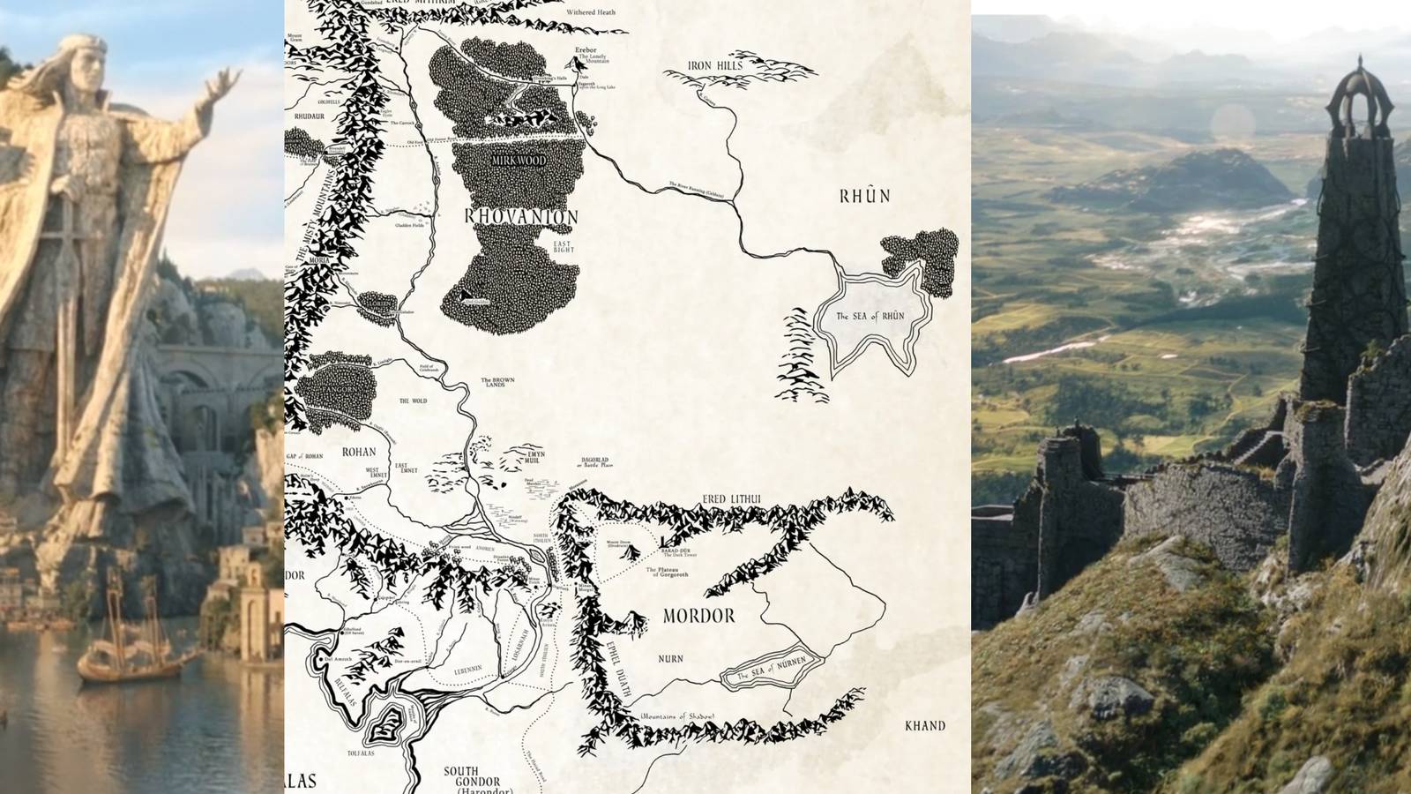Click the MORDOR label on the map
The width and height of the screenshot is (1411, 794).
(698, 616)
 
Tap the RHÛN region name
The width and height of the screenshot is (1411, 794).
(863, 196)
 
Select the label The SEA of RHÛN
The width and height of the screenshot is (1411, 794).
(870, 316)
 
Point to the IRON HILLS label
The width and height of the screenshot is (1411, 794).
(714, 65)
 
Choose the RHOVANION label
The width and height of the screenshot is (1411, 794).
(520, 217)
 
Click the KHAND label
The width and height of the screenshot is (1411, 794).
(925, 726)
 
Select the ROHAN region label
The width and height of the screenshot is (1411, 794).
(358, 452)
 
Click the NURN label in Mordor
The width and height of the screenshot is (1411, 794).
(670, 659)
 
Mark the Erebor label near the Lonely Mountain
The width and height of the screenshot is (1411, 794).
(586, 51)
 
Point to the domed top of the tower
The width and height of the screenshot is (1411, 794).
(1359, 88)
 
